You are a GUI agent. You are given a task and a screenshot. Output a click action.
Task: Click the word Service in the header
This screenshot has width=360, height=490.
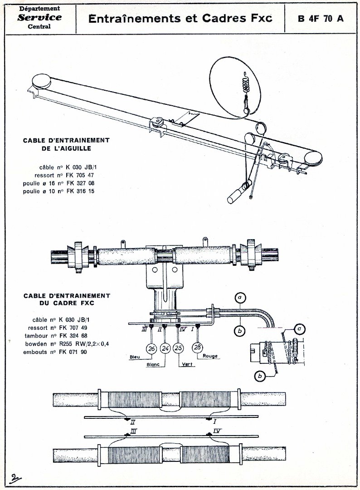(39, 17)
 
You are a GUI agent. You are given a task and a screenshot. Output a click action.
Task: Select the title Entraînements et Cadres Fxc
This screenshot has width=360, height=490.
(180, 18)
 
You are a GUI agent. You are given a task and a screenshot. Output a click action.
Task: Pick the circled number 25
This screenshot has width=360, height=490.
(179, 348)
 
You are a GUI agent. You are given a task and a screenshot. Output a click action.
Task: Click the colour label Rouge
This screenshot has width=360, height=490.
(211, 356)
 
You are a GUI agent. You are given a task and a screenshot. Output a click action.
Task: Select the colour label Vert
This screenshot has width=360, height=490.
(185, 364)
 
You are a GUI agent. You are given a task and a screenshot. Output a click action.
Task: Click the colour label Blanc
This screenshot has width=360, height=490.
(155, 364)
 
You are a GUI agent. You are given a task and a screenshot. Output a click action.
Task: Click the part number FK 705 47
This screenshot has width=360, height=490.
(82, 175)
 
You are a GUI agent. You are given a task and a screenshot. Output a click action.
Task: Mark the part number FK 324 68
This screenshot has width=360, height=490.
(82, 335)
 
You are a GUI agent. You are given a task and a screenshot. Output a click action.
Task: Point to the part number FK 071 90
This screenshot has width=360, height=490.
(82, 352)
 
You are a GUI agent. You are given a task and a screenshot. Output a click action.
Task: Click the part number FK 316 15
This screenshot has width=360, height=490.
(82, 191)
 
